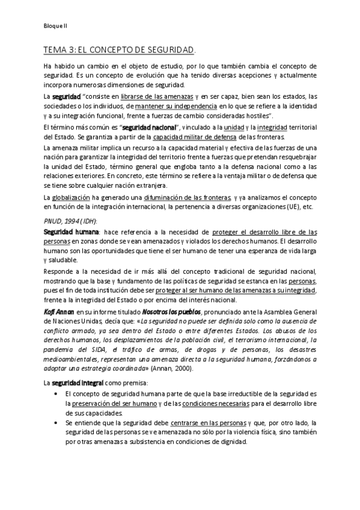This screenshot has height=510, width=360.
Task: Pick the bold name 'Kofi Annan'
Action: [x=59, y=313]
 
